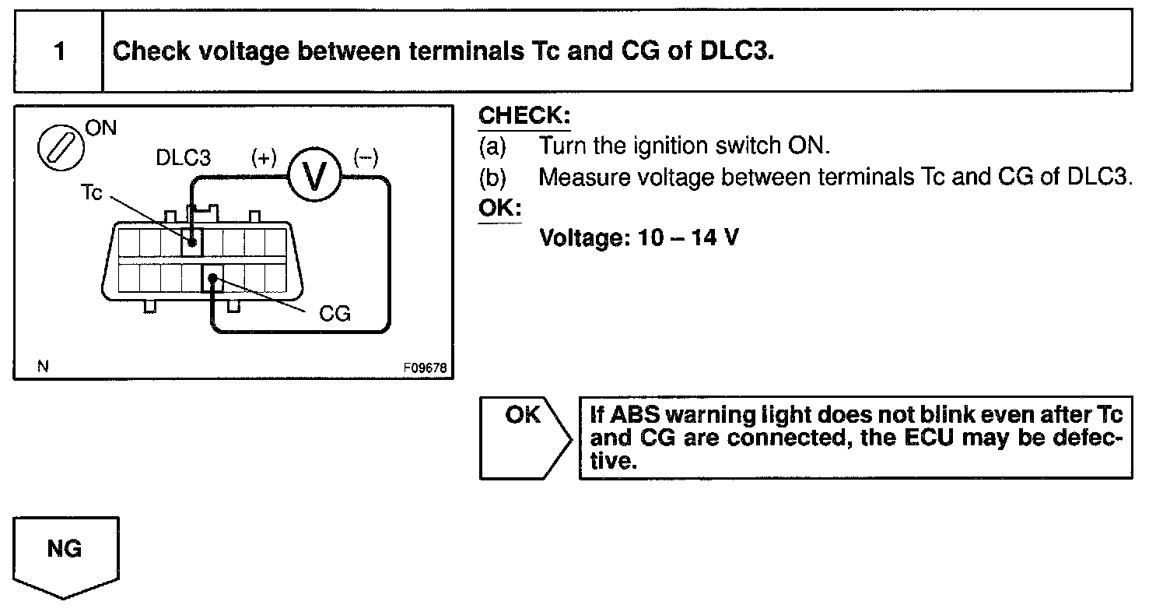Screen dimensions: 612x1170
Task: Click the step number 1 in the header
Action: pos(59,52)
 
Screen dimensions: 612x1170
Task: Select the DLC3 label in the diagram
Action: pos(183,158)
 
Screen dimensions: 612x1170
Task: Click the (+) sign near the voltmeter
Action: pos(263,158)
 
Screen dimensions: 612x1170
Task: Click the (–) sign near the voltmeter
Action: pos(365,158)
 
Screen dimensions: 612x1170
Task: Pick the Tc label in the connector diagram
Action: pos(91,193)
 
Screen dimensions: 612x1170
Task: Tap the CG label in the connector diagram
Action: pos(335,314)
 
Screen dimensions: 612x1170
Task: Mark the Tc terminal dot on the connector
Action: pos(191,243)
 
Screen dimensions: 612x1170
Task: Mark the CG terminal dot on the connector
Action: pos(212,278)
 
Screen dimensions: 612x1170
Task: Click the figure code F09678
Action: pos(425,368)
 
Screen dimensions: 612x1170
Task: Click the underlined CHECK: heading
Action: pos(524,117)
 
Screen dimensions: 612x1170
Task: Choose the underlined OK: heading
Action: pos(499,209)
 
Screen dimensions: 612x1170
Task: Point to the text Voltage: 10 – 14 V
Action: pos(639,237)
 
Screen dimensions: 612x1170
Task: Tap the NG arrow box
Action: pos(65,554)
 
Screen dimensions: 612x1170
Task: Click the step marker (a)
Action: pos(492,146)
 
